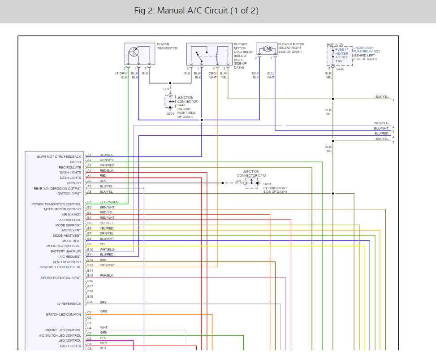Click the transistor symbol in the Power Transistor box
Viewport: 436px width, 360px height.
pos(134,52)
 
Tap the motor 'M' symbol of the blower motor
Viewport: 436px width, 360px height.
pos(268,49)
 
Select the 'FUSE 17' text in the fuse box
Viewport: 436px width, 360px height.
pos(342,49)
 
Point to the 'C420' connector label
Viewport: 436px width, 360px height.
pos(341,69)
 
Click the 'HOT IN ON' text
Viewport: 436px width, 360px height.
pos(335,44)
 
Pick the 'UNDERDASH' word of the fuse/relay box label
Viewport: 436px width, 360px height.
pos(363,48)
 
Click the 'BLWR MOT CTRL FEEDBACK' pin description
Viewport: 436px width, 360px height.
pos(59,157)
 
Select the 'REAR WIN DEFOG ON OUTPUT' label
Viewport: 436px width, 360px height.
pos(57,189)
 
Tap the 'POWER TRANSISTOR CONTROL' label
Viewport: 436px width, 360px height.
pos(56,204)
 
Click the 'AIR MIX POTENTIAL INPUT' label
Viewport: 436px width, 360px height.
pos(60,278)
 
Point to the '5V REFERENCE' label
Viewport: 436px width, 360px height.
pos(69,304)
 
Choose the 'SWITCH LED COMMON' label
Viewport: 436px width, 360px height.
pos(63,314)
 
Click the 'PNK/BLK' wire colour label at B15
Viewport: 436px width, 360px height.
pos(107,275)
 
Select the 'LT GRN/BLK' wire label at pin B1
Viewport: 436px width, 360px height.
pos(109,202)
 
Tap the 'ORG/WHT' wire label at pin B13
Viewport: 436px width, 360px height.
pos(108,265)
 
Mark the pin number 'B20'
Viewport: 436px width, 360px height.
pos(90,302)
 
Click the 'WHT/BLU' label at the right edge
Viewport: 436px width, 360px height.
pos(381,123)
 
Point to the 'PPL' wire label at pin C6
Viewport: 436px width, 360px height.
pos(103,338)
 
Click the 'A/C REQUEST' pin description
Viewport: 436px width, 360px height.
pos(70,257)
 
